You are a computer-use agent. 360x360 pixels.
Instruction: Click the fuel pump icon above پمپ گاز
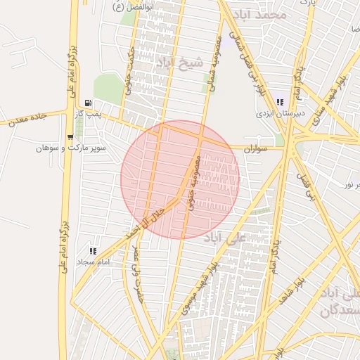pos(89,103)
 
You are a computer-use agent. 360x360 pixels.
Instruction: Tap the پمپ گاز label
pos(89,113)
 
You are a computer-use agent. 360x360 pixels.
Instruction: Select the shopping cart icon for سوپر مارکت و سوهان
pos(70,137)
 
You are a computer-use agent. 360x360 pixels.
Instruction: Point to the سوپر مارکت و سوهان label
pos(70,148)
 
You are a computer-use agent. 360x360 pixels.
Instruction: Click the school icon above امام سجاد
pos(93,251)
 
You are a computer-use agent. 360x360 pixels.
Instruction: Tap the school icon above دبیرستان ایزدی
pos(280,103)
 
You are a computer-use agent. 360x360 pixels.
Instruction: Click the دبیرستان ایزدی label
pos(278,113)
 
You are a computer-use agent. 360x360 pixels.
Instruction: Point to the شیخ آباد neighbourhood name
pos(181,63)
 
